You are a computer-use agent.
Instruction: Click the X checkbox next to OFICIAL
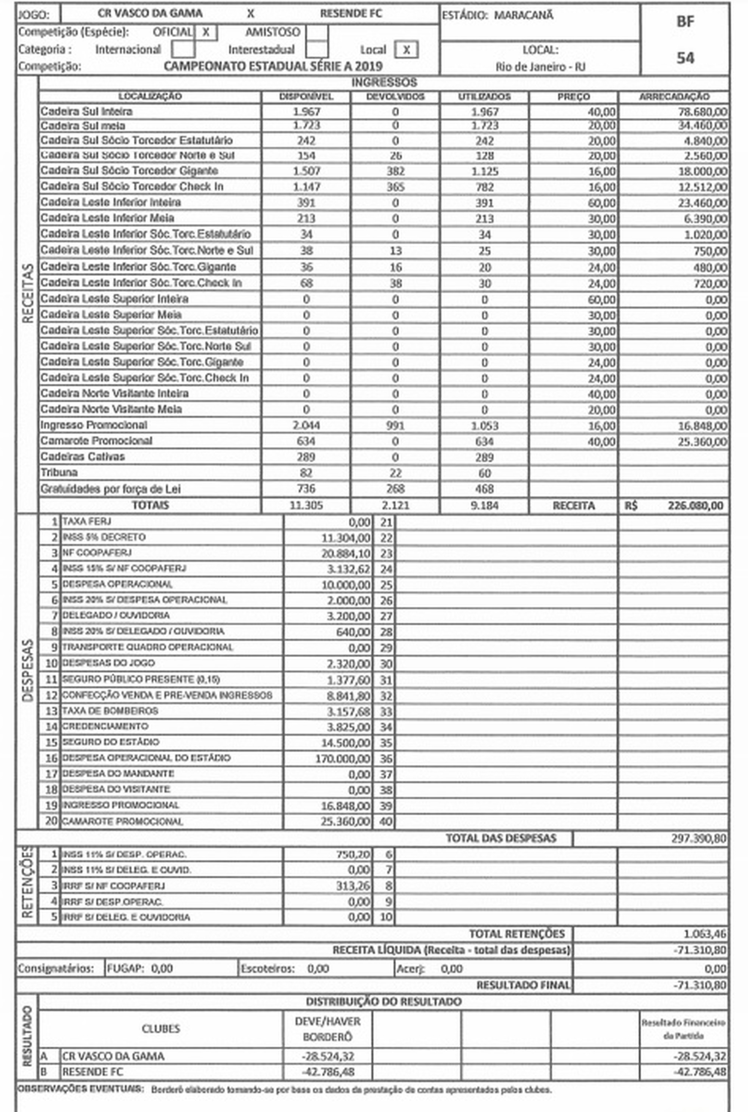[206, 33]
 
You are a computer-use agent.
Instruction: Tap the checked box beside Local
[407, 50]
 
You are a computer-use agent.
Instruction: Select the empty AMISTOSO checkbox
[317, 33]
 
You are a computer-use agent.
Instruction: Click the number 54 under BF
[685, 58]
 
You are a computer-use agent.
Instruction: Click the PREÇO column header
[573, 97]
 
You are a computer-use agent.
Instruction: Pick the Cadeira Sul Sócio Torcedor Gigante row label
[129, 171]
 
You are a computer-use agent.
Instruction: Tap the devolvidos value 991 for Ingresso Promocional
[395, 426]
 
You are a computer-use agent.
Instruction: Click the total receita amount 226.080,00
[696, 506]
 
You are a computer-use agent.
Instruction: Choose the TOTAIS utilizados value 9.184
[484, 506]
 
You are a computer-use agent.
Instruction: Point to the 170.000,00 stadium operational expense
[343, 759]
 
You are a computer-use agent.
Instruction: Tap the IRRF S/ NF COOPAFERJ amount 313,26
[353, 886]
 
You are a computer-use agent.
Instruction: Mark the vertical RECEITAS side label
[28, 293]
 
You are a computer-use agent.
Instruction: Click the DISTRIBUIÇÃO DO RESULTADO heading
[384, 1001]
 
